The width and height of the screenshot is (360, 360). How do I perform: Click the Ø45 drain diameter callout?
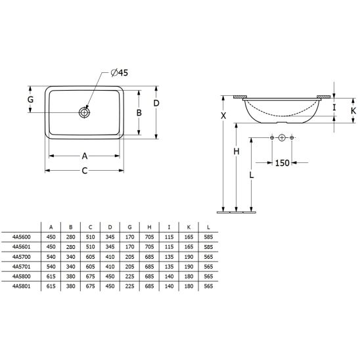pos(119,72)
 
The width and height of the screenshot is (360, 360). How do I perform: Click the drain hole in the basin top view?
pos(84,112)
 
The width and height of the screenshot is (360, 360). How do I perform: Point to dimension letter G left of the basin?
pos(30,99)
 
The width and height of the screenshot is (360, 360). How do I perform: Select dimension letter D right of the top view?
pos(156,103)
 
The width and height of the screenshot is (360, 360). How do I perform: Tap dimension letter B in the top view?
pos(139,113)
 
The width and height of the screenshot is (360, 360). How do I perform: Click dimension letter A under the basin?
pos(85,156)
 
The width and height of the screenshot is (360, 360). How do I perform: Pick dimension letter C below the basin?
pos(85,171)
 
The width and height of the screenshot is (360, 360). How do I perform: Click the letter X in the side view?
pos(223,116)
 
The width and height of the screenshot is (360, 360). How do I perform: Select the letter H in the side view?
pos(236,151)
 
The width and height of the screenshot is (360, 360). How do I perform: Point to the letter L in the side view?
pos(252,175)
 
